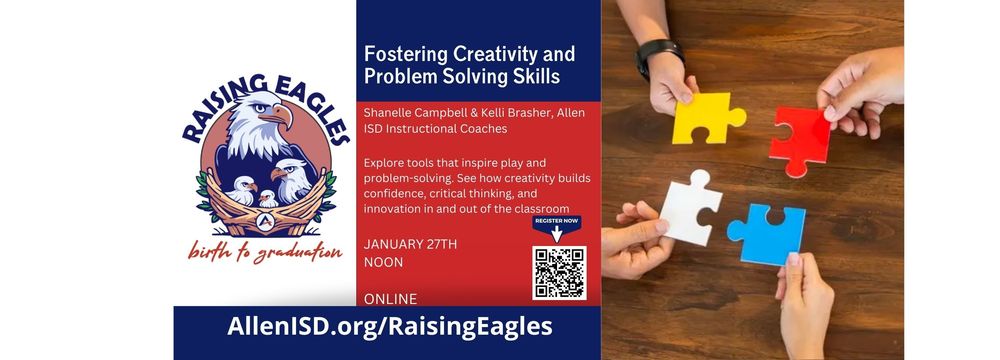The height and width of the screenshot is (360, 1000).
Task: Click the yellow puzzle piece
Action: point(705,118)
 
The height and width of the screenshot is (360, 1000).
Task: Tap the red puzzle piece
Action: point(801,135)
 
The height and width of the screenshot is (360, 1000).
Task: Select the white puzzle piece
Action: point(689,206)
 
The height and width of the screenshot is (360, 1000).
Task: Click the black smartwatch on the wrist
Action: point(657,56)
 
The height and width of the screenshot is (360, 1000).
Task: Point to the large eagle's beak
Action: point(283,118)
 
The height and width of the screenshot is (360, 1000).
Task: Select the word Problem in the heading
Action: point(400,76)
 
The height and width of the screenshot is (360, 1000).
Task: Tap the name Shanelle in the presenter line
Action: point(394,112)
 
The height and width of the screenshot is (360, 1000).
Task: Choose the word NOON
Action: point(385,264)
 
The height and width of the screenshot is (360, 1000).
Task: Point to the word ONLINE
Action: point(391,298)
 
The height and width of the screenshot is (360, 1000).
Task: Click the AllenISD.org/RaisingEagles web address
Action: point(390,326)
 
